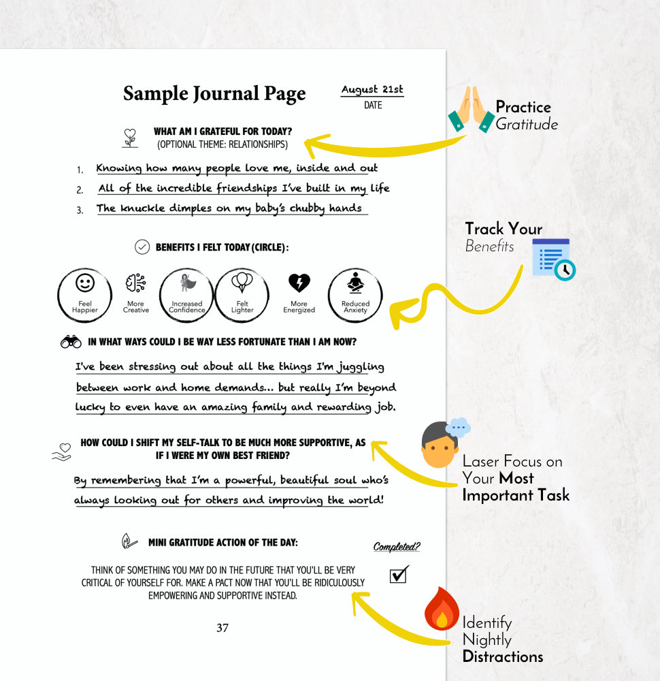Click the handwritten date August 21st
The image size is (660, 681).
pyautogui.click(x=372, y=89)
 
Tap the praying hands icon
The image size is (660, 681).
pyautogui.click(x=472, y=109)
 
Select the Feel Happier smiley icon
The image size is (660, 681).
pyautogui.click(x=85, y=283)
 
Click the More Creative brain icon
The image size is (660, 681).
pyautogui.click(x=136, y=283)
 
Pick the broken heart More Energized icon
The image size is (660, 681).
pyautogui.click(x=299, y=283)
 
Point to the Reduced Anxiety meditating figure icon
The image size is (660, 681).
pyautogui.click(x=355, y=283)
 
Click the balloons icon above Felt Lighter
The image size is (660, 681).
pyautogui.click(x=242, y=283)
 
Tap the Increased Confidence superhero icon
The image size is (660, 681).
pyautogui.click(x=188, y=283)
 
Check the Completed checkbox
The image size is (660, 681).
pyautogui.click(x=399, y=574)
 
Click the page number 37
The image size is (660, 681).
pyautogui.click(x=222, y=628)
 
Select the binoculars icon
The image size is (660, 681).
pyautogui.click(x=71, y=342)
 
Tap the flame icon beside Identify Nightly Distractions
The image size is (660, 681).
pyautogui.click(x=442, y=609)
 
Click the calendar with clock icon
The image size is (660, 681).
pyautogui.click(x=553, y=259)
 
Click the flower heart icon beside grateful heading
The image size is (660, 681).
pyautogui.click(x=130, y=138)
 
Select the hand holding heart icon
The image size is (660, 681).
pyautogui.click(x=62, y=452)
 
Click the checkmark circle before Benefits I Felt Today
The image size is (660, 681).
pyautogui.click(x=142, y=247)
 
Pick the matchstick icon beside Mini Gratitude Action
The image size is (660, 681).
pyautogui.click(x=129, y=541)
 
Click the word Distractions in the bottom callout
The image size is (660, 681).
pyautogui.click(x=503, y=656)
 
